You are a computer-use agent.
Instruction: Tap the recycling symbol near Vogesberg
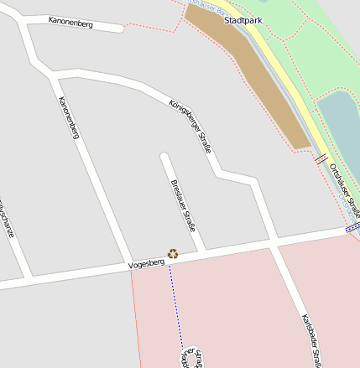pyautogui.click(x=173, y=252)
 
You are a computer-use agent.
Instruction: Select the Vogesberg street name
pyautogui.click(x=146, y=264)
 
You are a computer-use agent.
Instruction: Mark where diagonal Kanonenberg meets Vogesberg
pyautogui.click(x=128, y=263)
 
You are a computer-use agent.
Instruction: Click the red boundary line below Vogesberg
pyautogui.click(x=136, y=319)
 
